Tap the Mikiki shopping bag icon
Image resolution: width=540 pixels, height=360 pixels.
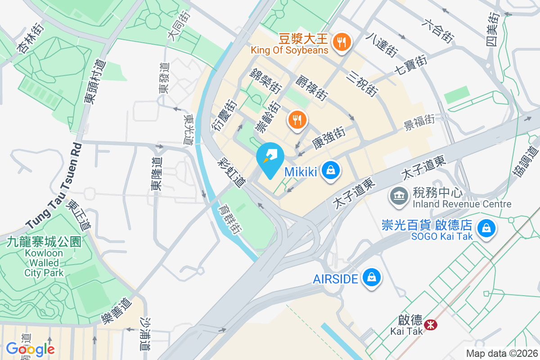coord(331,171)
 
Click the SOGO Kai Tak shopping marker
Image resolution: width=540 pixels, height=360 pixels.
coord(486,228)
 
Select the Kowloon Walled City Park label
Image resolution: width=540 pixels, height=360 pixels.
coord(44,257)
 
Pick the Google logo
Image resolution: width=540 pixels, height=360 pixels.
coord(30,348)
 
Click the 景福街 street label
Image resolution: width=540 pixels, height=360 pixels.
coord(419,121)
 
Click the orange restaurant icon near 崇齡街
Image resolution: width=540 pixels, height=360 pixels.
coord(297,120)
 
